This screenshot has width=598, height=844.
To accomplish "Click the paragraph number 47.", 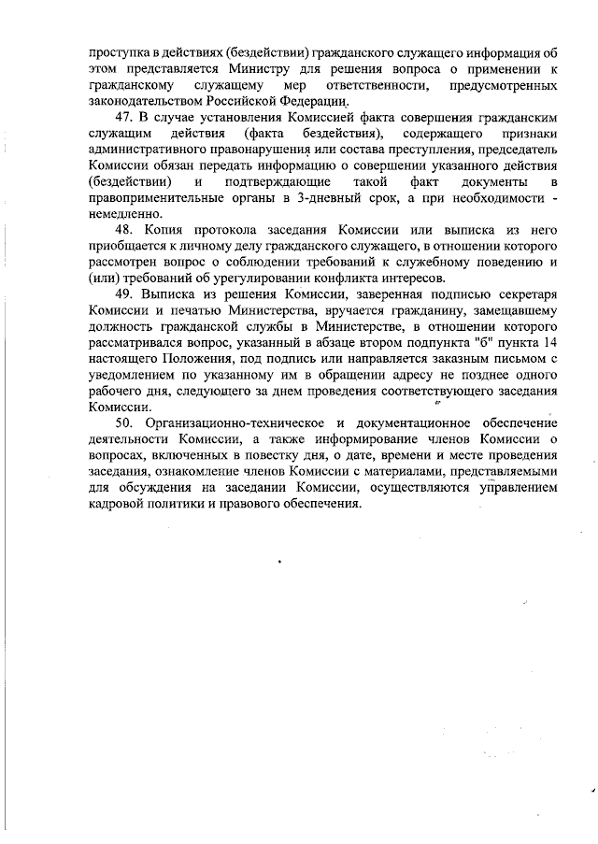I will (125, 119).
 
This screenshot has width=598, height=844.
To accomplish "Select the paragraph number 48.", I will (125, 230).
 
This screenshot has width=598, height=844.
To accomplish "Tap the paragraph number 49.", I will (125, 294).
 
